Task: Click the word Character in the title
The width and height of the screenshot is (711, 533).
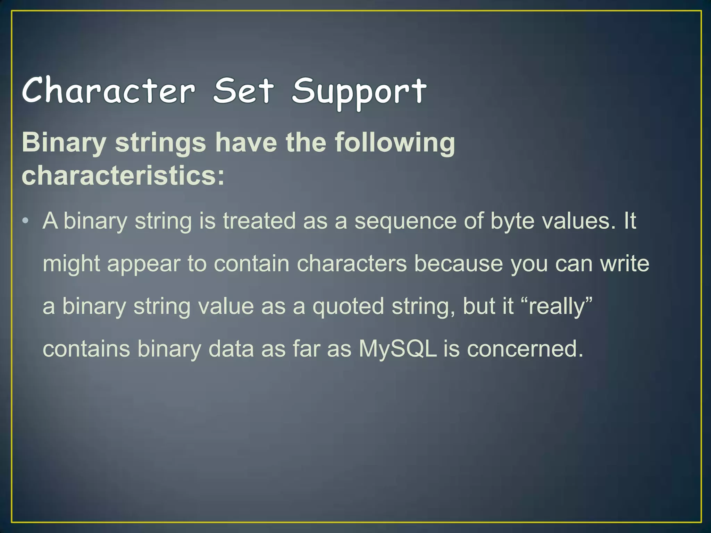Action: [x=109, y=91]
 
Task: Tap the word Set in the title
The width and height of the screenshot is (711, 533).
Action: [x=244, y=91]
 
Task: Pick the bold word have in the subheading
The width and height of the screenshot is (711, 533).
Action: [x=246, y=143]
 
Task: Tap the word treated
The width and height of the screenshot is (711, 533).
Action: [x=259, y=221]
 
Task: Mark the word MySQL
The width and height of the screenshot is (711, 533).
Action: [x=398, y=349]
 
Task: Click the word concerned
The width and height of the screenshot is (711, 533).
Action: [x=525, y=349]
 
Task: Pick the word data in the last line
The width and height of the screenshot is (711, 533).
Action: [x=231, y=349]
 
